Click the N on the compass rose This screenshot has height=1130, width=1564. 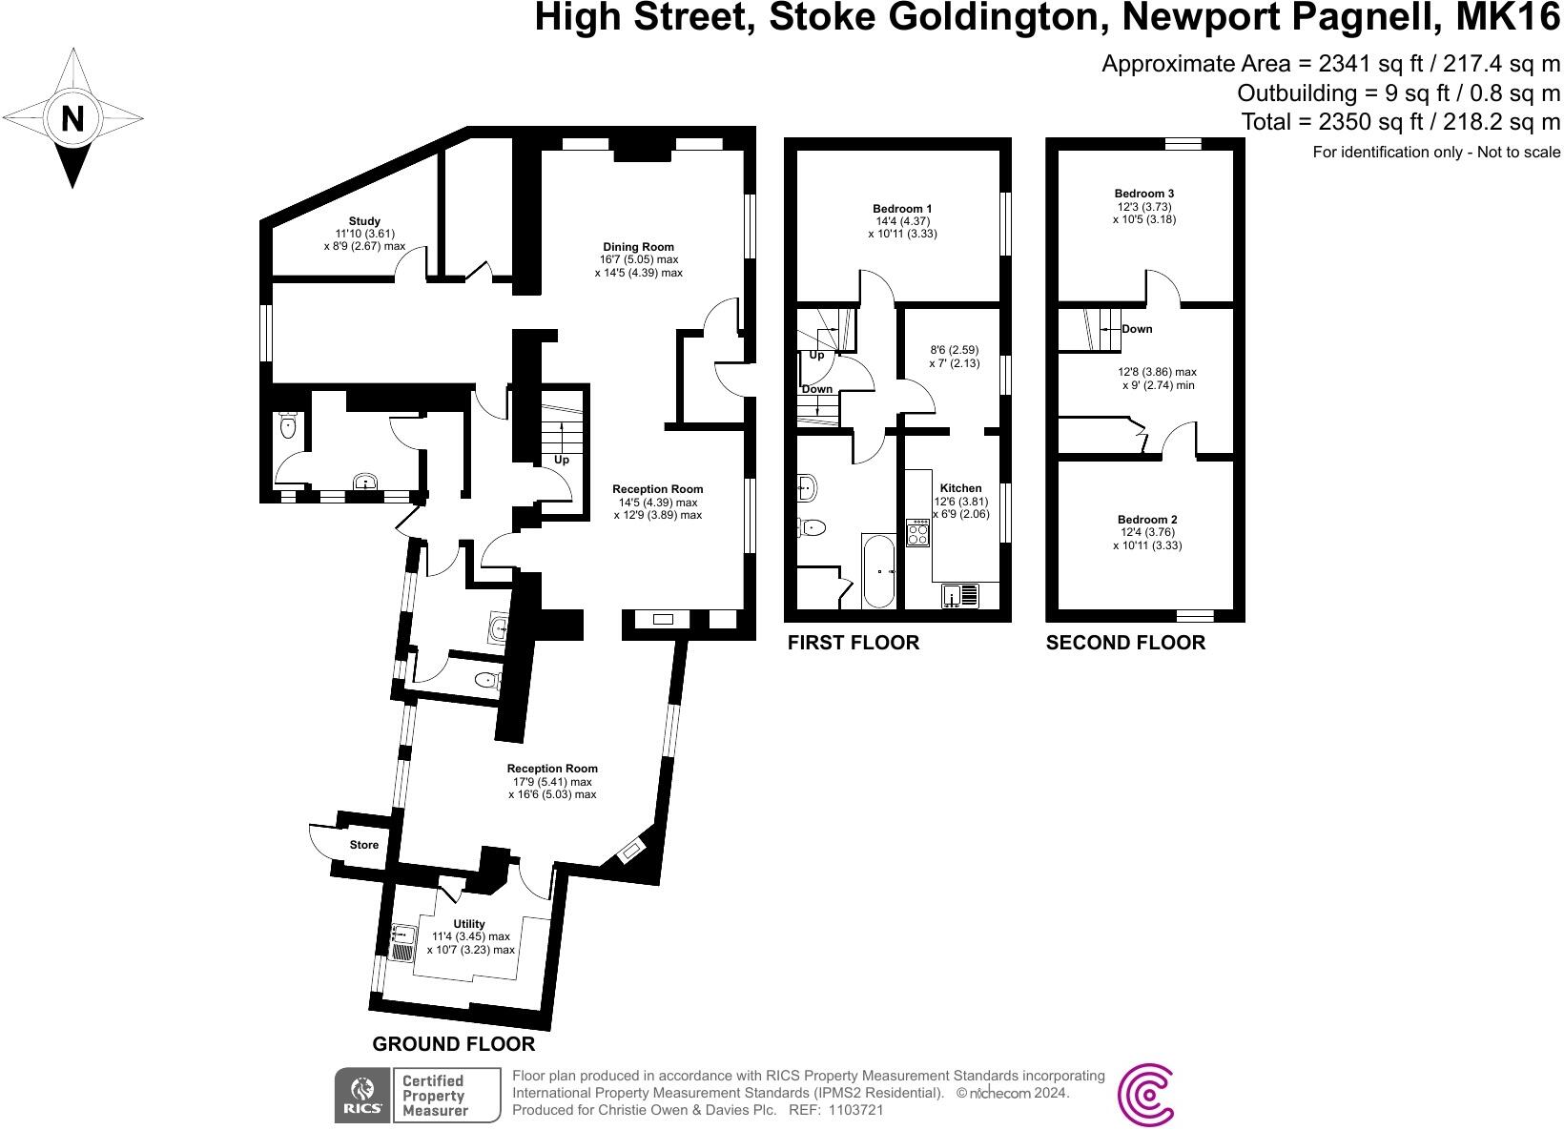72,119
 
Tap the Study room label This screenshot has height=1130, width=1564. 364,221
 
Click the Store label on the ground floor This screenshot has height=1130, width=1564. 363,845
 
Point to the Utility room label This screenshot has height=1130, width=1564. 469,924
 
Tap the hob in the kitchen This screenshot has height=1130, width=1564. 917,532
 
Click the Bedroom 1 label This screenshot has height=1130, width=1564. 902,209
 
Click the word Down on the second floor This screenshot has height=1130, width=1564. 1137,329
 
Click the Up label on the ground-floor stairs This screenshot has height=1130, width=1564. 562,460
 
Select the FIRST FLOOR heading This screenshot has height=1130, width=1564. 853,643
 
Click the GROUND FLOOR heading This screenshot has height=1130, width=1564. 453,1044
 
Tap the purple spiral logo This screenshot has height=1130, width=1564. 1145,1095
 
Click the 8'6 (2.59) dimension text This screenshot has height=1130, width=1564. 954,350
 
